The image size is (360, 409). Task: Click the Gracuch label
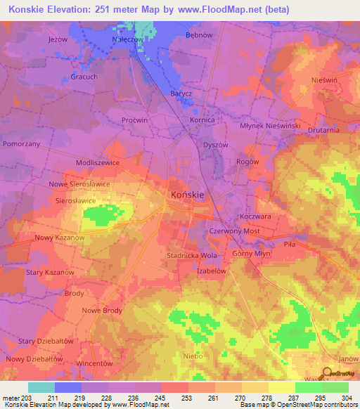pos(84,75)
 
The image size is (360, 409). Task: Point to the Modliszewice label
pos(97,162)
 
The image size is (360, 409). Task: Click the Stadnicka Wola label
pos(192,255)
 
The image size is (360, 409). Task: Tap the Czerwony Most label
pos(235,231)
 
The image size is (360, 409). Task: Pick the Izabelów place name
pos(211,271)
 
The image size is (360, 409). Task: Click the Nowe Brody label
pos(102,310)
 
